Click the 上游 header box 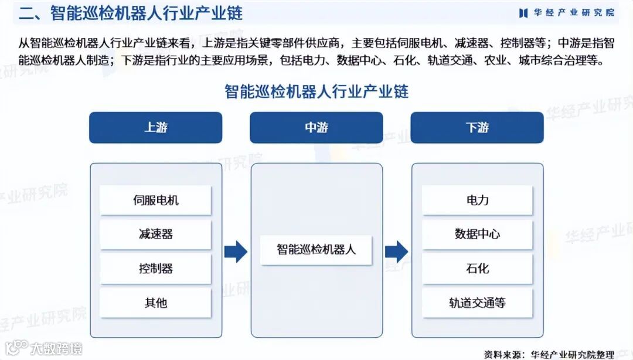click(155, 127)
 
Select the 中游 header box click(316, 127)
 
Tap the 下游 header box click(477, 127)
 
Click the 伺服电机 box click(155, 200)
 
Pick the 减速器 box click(155, 234)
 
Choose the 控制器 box click(155, 269)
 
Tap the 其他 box click(155, 303)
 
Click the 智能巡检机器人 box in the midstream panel click(316, 249)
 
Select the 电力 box click(477, 200)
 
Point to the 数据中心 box click(477, 234)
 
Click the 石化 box click(477, 269)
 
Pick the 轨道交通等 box click(477, 303)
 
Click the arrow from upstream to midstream click(236, 252)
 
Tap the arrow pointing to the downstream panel click(396, 252)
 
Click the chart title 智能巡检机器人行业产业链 click(316, 91)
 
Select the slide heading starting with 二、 click(130, 13)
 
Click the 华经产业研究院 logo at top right click(566, 13)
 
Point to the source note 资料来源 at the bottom click(549, 354)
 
